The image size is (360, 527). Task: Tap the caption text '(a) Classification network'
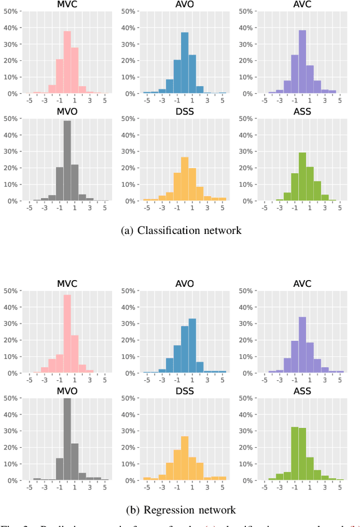(181, 230)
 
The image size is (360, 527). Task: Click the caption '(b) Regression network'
(182, 510)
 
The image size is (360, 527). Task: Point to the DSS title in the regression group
(184, 391)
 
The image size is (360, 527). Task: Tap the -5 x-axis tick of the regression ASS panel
(264, 489)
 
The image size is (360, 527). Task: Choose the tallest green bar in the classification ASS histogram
(302, 176)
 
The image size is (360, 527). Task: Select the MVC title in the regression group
(67, 283)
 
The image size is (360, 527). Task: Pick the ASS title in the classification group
(302, 112)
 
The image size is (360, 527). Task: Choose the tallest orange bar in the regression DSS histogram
(184, 458)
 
